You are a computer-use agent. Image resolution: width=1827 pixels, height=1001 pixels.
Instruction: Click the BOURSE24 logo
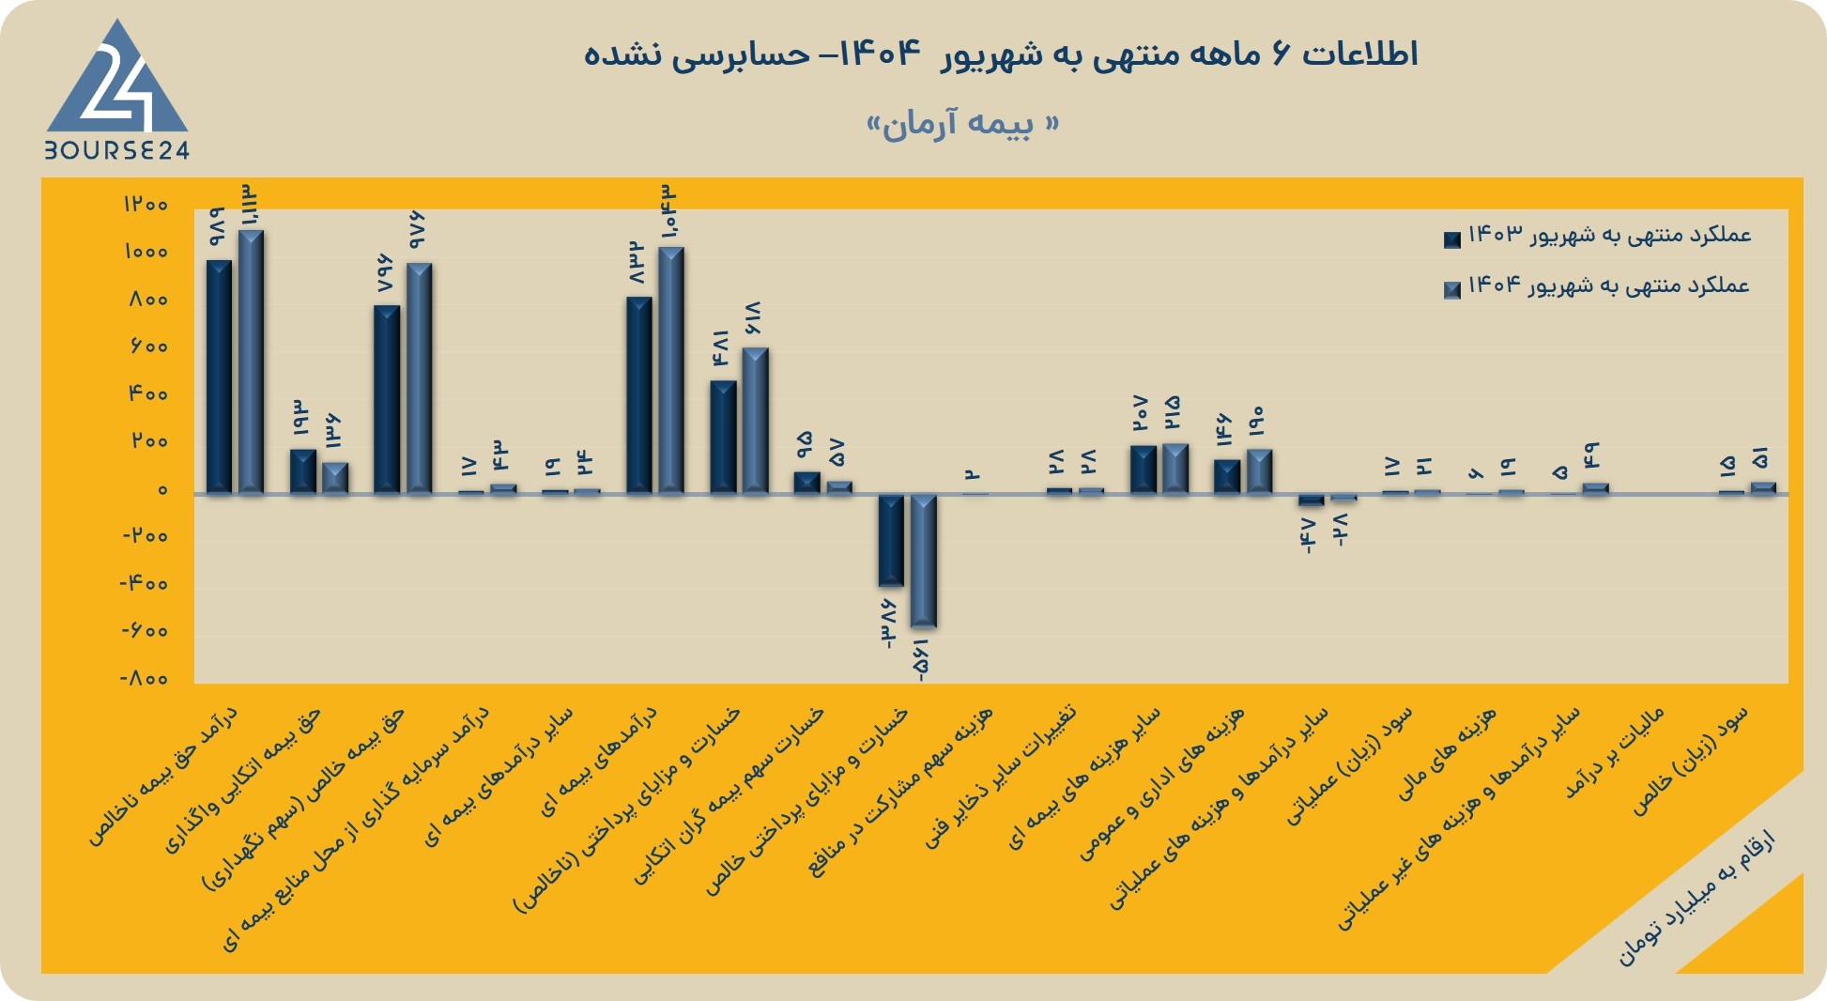(117, 89)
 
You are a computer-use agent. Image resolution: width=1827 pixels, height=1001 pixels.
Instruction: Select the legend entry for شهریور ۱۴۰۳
(1597, 236)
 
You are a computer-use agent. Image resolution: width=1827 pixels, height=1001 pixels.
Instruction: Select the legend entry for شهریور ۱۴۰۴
(1596, 286)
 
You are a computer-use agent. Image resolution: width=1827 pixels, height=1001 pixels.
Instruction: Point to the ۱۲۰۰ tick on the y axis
(145, 204)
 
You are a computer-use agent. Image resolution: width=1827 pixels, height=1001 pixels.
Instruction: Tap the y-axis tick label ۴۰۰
(147, 393)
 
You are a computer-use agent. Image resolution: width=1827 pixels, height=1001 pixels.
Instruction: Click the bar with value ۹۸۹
(219, 377)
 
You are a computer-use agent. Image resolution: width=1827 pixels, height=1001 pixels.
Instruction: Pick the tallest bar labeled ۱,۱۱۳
(251, 362)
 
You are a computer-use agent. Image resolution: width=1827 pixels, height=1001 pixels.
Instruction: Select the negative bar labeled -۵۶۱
(924, 561)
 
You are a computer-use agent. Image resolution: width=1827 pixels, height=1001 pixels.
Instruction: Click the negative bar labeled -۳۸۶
(891, 540)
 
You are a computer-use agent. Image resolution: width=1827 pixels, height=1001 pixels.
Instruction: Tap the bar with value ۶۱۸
(756, 421)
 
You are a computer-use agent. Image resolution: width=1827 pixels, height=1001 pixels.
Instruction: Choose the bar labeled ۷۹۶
(387, 399)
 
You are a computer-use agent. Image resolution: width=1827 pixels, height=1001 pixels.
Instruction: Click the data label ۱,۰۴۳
(669, 211)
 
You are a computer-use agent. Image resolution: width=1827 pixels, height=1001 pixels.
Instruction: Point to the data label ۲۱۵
(1173, 413)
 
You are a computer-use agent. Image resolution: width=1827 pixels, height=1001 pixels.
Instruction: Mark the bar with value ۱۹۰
(1259, 471)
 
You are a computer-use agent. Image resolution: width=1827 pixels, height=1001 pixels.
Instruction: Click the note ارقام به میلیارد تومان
(1696, 898)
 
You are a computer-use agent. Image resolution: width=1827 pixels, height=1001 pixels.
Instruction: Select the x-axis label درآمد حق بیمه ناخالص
(163, 777)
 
